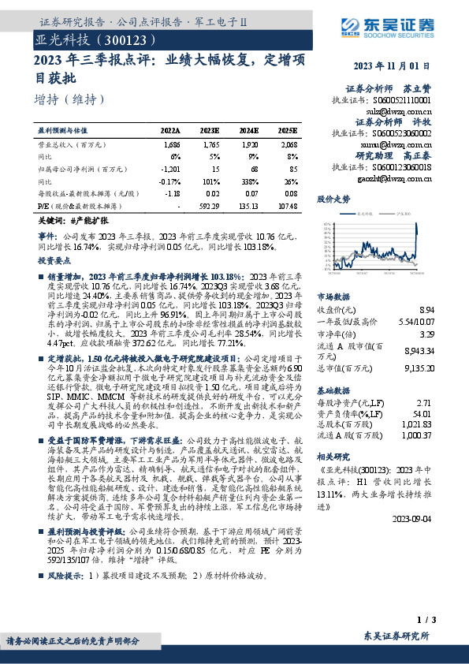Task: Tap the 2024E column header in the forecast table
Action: pos(248,130)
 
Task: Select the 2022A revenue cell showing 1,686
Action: pos(171,145)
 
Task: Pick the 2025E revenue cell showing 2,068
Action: pos(288,145)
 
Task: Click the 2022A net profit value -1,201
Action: pos(170,168)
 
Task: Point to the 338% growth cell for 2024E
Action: pos(251,180)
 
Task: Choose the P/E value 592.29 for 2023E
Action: pos(209,204)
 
